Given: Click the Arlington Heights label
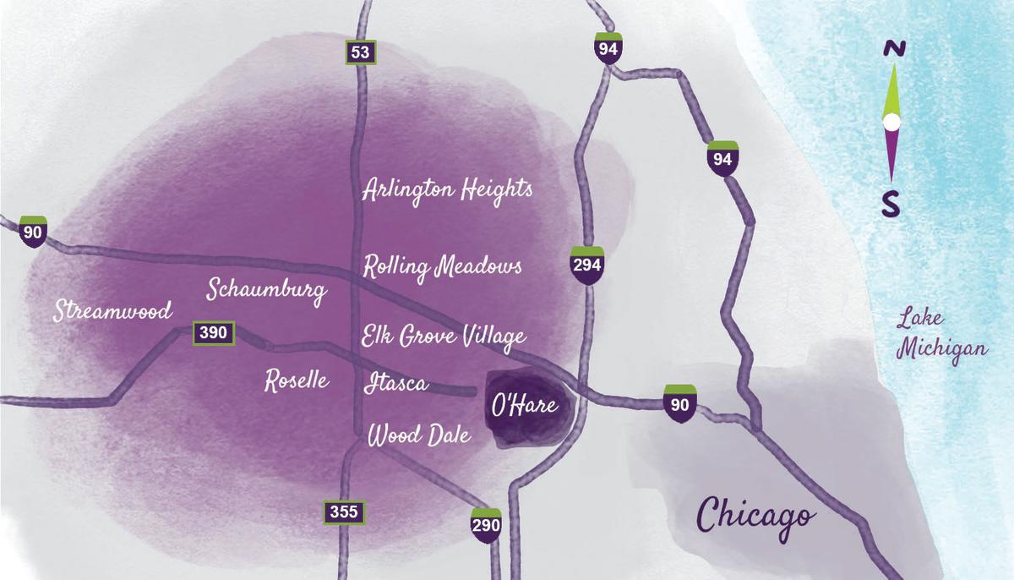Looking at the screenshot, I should tap(447, 190).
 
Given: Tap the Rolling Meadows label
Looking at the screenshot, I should tap(442, 267).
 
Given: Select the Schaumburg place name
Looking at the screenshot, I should tap(267, 290).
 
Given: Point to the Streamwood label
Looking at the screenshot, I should tap(112, 310).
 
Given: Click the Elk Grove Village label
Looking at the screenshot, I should tap(444, 337).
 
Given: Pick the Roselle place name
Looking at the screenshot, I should tap(297, 380).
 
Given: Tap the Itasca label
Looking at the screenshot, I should tap(396, 384).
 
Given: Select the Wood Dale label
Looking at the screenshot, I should tap(418, 436).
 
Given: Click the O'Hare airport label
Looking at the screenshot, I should tap(525, 406).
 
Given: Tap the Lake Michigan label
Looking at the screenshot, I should tap(930, 336).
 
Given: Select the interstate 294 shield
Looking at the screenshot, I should tap(587, 265).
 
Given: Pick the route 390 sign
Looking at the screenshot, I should tap(213, 332).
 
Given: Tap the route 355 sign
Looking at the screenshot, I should tap(344, 512).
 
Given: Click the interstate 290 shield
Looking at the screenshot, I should tap(486, 524).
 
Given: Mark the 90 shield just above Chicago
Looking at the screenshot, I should tap(680, 402).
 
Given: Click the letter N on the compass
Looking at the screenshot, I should tap(891, 50).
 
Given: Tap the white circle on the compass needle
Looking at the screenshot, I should tap(891, 123).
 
